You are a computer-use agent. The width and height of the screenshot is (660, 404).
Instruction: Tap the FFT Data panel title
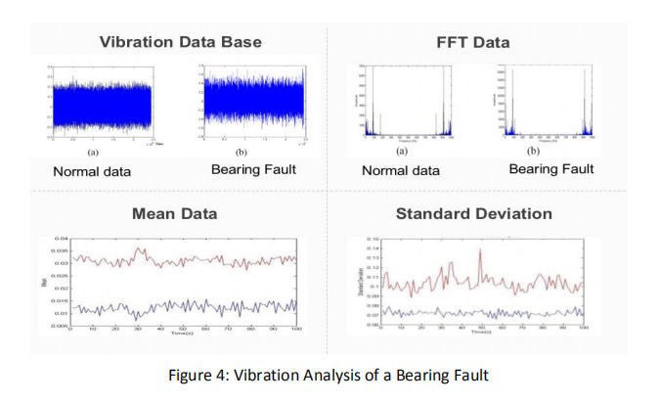(x=472, y=42)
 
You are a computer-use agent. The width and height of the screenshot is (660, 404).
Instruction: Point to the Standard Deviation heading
(x=473, y=213)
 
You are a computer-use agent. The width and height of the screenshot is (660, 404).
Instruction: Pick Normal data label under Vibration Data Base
(x=92, y=171)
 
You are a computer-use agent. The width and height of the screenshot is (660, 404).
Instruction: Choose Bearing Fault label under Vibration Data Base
(x=252, y=169)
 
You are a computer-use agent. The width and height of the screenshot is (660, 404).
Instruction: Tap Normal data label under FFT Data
(x=401, y=171)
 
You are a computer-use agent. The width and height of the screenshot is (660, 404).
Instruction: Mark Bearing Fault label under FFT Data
(x=551, y=169)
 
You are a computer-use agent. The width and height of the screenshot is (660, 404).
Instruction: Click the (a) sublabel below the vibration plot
(x=93, y=153)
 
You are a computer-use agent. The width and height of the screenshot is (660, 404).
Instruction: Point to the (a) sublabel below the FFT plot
(x=400, y=152)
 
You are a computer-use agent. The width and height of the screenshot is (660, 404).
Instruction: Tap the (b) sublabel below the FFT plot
(x=533, y=152)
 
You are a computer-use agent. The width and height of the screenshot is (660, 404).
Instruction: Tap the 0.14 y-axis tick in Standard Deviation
(x=373, y=247)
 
